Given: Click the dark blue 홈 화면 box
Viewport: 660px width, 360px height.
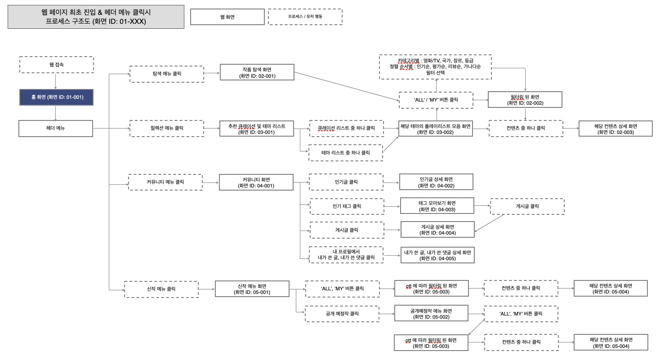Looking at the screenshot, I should (x=56, y=97).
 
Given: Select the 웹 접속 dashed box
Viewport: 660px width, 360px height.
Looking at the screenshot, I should (x=56, y=65).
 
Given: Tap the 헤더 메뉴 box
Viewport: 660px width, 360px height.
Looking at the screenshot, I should (x=56, y=129).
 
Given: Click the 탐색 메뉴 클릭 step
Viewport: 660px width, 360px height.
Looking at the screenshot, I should (x=166, y=74).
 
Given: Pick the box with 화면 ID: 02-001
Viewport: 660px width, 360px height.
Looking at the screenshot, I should (x=257, y=72).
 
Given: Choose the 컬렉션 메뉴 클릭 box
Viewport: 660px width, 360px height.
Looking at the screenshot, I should (x=166, y=128).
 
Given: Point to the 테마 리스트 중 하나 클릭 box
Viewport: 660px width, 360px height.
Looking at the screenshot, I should (x=345, y=153).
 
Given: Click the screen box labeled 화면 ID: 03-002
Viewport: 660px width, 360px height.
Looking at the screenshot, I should (x=436, y=129).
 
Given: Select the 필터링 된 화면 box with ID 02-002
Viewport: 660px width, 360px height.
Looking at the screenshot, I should (x=525, y=100).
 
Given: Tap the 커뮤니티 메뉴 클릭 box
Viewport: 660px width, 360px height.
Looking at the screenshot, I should (x=165, y=182).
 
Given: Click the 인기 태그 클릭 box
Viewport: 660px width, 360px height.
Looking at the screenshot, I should (x=347, y=206).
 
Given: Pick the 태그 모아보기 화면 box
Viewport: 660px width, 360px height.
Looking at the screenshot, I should (x=437, y=205).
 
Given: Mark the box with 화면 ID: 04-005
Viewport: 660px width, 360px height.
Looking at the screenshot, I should (x=437, y=255).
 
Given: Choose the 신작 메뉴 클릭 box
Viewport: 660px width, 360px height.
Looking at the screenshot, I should (x=161, y=289).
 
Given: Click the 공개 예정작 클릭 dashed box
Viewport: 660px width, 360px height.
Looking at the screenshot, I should (x=342, y=314).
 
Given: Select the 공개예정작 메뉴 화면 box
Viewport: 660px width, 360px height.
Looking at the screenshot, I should (x=431, y=313).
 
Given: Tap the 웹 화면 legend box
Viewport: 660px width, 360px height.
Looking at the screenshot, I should (x=227, y=17).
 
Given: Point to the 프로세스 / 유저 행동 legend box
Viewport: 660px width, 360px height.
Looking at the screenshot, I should (x=305, y=17).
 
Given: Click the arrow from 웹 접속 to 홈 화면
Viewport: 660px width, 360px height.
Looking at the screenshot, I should (x=56, y=81).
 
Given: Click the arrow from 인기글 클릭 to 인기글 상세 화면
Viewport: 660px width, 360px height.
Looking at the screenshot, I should (x=392, y=182).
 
